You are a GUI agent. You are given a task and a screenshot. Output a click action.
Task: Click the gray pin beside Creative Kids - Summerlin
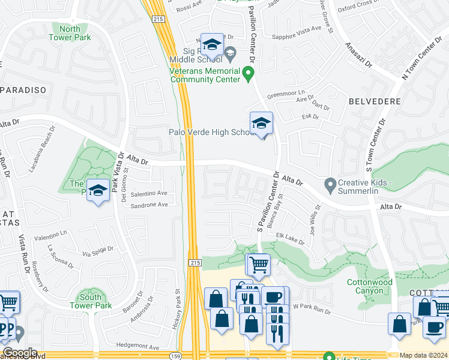coord(329,184)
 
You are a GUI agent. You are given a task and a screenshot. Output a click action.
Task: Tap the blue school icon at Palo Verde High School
coord(261,124)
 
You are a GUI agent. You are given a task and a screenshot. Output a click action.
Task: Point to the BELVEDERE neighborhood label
coord(375,101)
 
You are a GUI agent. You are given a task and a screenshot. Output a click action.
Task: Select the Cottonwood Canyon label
coord(370,286)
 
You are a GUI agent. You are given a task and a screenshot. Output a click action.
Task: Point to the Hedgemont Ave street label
coord(138,347)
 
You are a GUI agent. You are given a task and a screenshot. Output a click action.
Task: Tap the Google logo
coord(19,353)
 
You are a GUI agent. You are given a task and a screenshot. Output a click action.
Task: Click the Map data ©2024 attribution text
coord(424,355)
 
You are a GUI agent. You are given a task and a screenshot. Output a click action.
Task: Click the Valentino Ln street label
coord(50,235)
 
